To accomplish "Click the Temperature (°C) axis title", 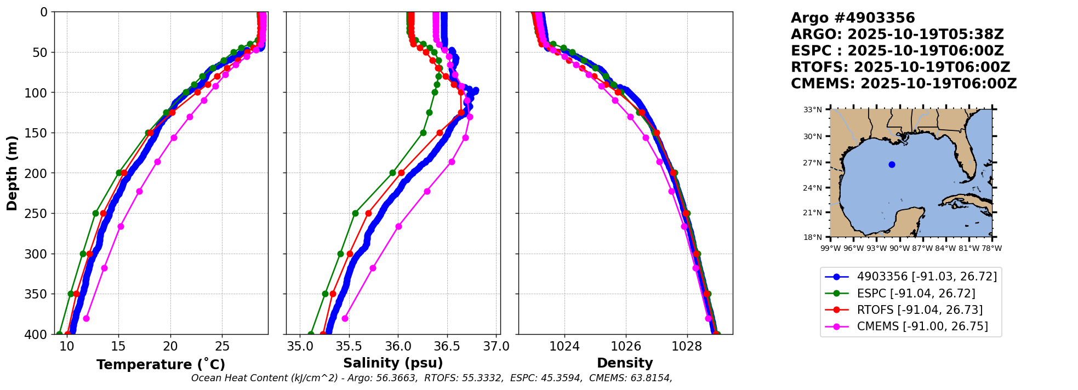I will (x=161, y=365).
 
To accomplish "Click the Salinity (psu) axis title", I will (x=393, y=363).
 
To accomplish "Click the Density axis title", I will (x=625, y=363).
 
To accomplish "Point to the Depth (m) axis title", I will (x=12, y=173).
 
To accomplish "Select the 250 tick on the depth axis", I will (x=39, y=214).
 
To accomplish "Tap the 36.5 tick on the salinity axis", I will (x=447, y=347).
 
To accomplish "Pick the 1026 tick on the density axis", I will (x=625, y=347).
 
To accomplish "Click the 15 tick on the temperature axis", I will (x=118, y=347).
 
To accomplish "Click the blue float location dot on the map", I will (x=892, y=164).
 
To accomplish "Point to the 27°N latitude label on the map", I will (x=813, y=163).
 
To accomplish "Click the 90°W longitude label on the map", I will (x=899, y=248).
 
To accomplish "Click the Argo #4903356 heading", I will (x=853, y=18).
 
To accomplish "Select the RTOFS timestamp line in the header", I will (x=900, y=67).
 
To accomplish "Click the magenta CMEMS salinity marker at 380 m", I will (x=345, y=318).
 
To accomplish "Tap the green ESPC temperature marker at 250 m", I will (x=95, y=213).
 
